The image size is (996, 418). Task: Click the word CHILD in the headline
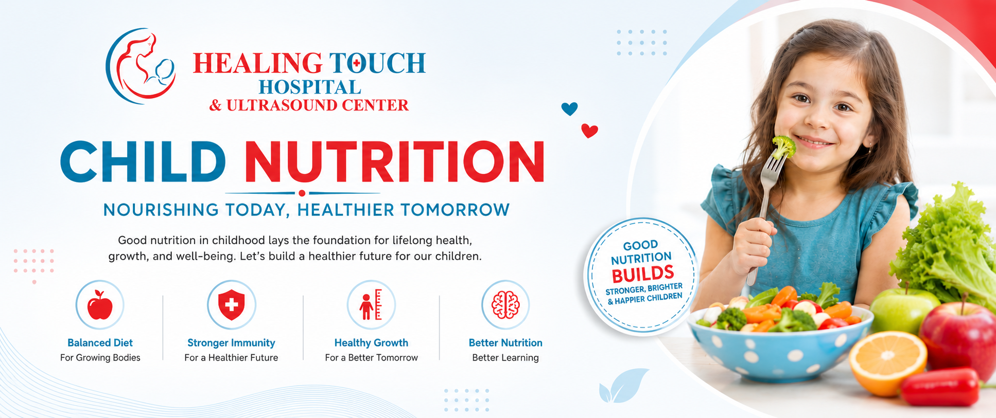point(143,161)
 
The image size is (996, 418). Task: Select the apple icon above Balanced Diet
point(100,304)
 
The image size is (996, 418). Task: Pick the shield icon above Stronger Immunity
point(232,304)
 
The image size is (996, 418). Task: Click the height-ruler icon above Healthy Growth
point(371,304)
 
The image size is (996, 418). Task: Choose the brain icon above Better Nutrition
point(505,304)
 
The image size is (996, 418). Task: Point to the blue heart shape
point(569,108)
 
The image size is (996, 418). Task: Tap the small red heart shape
point(589,131)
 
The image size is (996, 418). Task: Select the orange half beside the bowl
point(887,363)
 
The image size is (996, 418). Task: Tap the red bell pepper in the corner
point(940,387)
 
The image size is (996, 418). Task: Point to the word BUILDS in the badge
point(643,273)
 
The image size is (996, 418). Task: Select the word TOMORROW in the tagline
point(455,210)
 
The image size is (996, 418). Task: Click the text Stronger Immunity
point(231,342)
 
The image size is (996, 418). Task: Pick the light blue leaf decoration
point(623,386)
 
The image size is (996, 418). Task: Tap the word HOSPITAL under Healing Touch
point(310,87)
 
